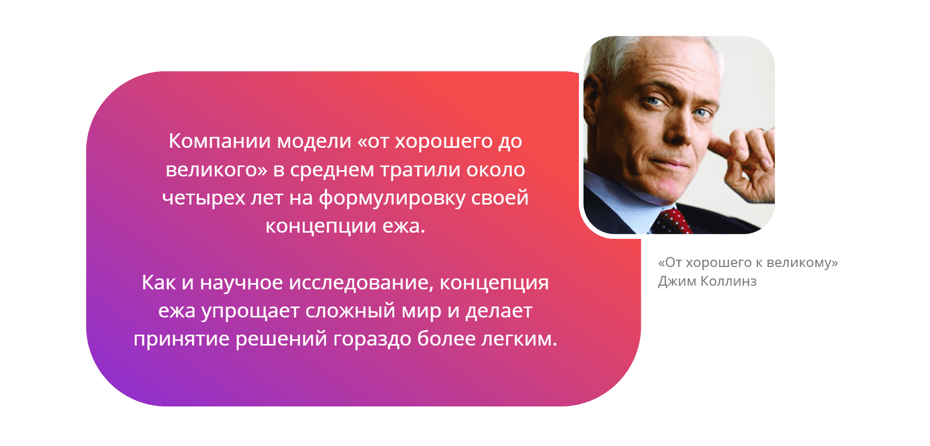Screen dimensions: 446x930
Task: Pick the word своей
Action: click(x=500, y=198)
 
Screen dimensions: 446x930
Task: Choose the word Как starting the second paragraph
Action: click(x=159, y=283)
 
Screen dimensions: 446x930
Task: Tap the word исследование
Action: click(x=360, y=283)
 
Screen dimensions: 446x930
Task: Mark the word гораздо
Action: click(x=372, y=339)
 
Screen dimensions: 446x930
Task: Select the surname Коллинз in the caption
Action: click(x=728, y=281)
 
